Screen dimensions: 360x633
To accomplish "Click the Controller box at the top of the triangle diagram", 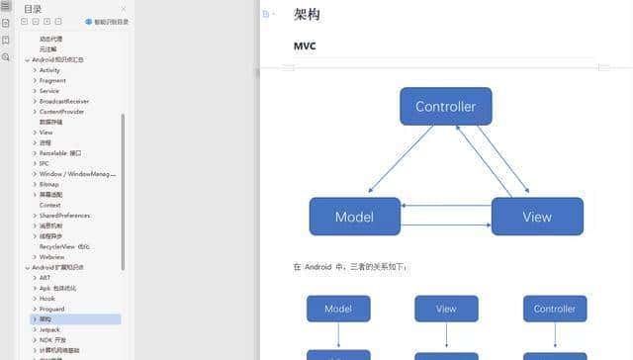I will click(445, 107).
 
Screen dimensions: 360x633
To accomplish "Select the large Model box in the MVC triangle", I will click(354, 217).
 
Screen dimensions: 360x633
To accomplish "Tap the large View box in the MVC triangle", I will click(537, 217).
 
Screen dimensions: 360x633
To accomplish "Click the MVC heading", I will click(305, 46).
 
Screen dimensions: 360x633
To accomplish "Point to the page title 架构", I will click(307, 15).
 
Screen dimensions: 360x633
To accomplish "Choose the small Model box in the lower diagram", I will click(338, 309).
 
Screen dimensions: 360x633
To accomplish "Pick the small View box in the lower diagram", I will click(446, 309).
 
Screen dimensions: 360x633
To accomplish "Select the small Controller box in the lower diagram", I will click(554, 309).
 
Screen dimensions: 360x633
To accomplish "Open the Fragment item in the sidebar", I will click(52, 81).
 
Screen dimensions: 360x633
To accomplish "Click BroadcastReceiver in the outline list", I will click(65, 101).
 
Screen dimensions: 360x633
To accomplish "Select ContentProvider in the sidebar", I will click(61, 112).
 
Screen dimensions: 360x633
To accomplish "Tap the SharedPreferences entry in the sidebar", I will click(65, 215).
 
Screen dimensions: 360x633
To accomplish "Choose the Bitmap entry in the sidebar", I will click(49, 184).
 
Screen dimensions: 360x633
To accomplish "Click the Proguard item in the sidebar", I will click(51, 309).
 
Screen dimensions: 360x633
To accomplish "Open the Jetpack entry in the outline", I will click(49, 329).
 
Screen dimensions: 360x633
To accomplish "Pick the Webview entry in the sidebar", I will click(51, 256).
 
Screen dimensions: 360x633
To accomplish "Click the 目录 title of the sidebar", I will click(33, 9).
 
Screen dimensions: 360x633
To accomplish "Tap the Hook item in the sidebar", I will click(47, 298).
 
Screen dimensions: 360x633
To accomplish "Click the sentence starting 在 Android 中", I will click(350, 267).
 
